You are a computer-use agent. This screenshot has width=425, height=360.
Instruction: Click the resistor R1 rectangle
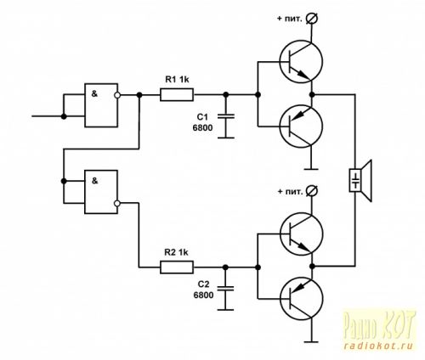[177, 94]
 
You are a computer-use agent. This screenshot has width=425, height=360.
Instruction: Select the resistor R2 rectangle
[177, 267]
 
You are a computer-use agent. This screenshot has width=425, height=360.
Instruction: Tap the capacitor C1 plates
[226, 116]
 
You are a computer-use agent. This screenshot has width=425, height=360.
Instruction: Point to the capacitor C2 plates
[225, 289]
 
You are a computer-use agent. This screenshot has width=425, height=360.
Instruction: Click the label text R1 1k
[177, 80]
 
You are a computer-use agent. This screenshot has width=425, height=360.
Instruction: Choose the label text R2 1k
[176, 252]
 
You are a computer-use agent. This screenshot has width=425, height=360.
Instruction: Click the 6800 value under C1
[202, 128]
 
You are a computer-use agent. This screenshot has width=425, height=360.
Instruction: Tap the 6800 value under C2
[203, 295]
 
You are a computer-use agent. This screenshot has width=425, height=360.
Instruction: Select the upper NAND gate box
[101, 105]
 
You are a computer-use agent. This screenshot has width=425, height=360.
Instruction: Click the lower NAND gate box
[101, 192]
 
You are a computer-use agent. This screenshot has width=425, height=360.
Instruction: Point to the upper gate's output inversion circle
[117, 95]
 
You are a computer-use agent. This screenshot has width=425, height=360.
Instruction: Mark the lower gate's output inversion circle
[117, 203]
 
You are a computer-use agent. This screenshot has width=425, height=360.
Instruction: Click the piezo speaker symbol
[360, 181]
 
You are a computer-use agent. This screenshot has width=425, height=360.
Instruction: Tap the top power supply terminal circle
[313, 19]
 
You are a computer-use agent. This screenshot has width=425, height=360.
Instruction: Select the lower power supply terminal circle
[313, 191]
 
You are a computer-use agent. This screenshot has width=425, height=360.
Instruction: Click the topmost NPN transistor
[301, 62]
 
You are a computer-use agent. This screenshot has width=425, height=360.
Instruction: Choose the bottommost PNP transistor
[301, 299]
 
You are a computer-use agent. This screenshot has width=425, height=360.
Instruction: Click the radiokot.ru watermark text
[379, 346]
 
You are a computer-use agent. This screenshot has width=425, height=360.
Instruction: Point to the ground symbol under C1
[226, 138]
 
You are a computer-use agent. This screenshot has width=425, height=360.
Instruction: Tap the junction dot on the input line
[64, 116]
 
